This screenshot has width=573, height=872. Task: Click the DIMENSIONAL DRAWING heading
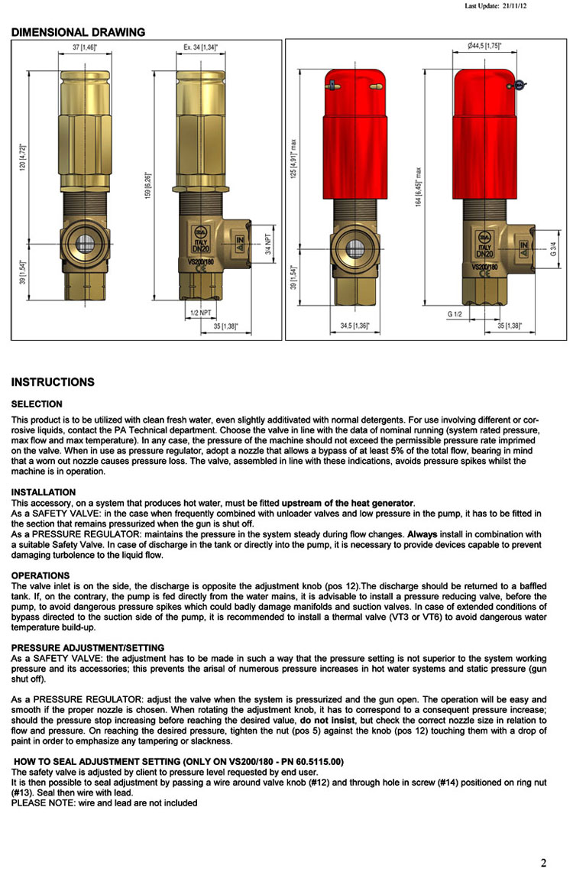pyautogui.click(x=78, y=32)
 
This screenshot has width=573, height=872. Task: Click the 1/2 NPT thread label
pyautogui.click(x=201, y=313)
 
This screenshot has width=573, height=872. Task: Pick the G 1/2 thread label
pyautogui.click(x=455, y=313)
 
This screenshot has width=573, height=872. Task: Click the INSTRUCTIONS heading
pyautogui.click(x=53, y=382)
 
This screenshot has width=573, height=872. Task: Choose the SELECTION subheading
pyautogui.click(x=37, y=404)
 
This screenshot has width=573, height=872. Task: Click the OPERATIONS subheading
pyautogui.click(x=40, y=575)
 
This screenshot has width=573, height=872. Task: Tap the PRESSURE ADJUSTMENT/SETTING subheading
pyautogui.click(x=87, y=648)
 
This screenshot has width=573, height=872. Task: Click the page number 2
pyautogui.click(x=543, y=863)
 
